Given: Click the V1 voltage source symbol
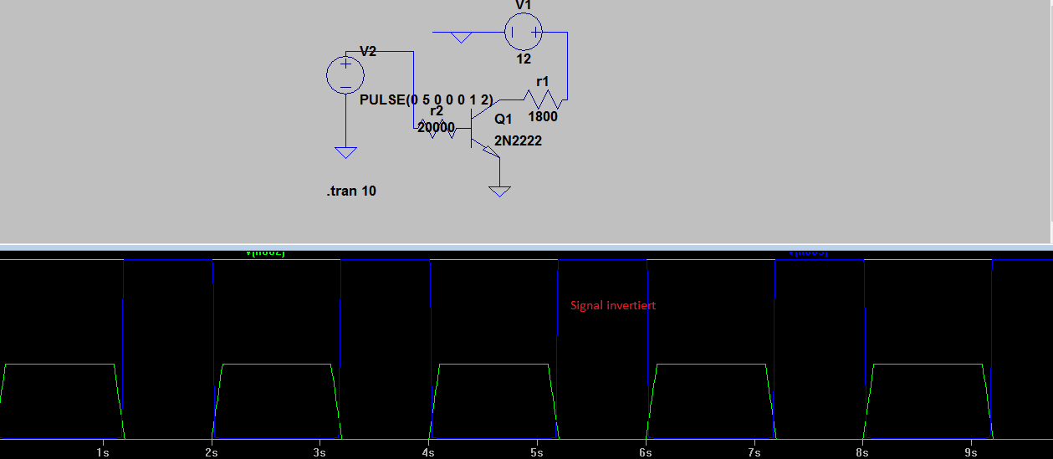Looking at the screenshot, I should click(x=524, y=33).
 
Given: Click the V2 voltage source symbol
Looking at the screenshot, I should click(x=345, y=74).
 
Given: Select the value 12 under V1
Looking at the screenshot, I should click(x=524, y=59).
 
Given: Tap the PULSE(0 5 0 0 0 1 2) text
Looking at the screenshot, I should click(x=426, y=99).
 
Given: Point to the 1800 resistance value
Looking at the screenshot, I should click(x=542, y=117).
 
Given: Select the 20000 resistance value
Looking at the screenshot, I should click(x=436, y=128).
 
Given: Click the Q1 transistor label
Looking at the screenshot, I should click(x=503, y=120).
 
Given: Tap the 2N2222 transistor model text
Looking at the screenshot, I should click(x=518, y=140).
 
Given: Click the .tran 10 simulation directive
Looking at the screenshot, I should click(x=351, y=191).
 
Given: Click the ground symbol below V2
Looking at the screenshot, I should click(x=345, y=152).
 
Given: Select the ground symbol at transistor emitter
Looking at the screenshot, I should click(x=499, y=191).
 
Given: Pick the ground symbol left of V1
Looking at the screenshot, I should click(x=460, y=37).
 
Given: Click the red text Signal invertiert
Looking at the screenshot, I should click(x=613, y=305).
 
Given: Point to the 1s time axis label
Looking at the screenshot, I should click(x=103, y=452).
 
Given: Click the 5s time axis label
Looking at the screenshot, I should click(x=537, y=452).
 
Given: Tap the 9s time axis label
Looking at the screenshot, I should click(x=971, y=452).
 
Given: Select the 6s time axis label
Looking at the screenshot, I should click(x=646, y=452).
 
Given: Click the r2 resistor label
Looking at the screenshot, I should click(x=437, y=111).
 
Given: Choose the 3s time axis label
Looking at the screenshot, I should click(x=319, y=452).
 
